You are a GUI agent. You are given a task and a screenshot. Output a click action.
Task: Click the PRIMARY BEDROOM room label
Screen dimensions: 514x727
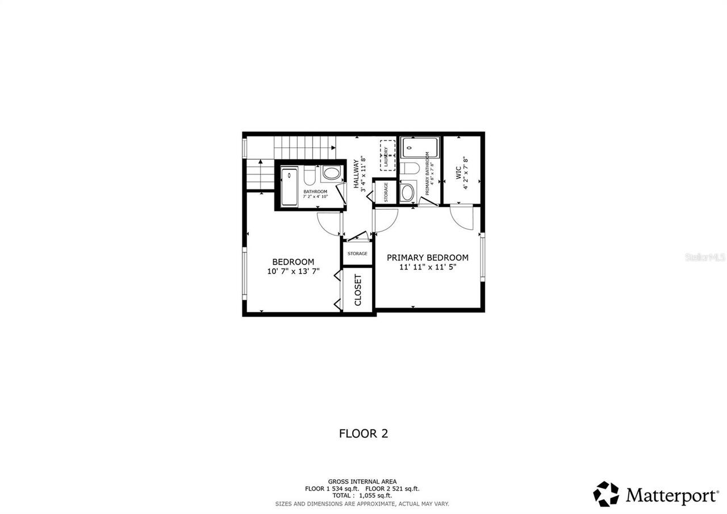[427, 258]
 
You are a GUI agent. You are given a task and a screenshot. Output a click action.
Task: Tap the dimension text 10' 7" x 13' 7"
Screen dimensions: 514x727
[293, 271]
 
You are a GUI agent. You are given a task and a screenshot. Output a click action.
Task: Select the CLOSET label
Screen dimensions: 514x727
[358, 290]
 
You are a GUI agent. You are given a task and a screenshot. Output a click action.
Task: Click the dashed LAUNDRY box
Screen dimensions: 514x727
[387, 155]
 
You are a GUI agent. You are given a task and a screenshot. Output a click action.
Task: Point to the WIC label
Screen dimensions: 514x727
[458, 173]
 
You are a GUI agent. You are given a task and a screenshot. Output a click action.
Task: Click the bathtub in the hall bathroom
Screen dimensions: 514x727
[290, 186]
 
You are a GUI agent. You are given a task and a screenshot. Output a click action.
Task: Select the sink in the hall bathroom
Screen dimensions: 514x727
[331, 173]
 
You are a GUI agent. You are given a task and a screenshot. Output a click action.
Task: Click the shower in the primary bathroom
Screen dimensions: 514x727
[419, 147]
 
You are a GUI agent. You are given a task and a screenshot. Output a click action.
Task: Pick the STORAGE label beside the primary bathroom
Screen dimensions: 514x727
[386, 192]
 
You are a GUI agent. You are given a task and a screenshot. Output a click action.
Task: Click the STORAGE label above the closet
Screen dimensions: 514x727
[357, 254]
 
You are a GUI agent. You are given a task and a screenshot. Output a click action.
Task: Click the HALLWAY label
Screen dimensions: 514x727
[357, 173]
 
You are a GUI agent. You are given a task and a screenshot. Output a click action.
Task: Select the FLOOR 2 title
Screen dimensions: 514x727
[363, 433]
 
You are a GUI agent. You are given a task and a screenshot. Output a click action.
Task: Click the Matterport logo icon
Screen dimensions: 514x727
[606, 494]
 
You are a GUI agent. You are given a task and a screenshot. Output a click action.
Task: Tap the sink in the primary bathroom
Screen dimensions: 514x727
[407, 192]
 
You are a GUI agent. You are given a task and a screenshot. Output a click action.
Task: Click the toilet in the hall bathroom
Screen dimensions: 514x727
[309, 176]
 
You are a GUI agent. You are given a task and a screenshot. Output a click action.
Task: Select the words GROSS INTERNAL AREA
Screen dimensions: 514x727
[362, 482]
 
